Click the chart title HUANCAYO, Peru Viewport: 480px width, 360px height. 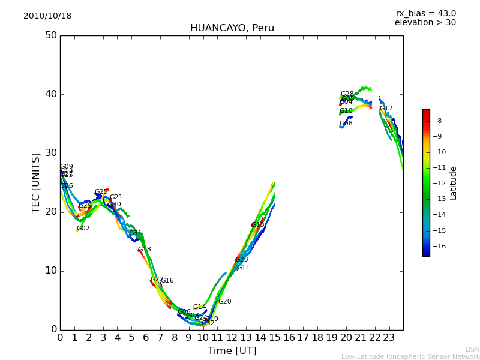coord(232,28)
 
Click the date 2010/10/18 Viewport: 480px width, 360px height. coord(47,16)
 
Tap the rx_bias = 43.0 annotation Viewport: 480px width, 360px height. coord(425,14)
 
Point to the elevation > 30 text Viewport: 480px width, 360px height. coord(425,23)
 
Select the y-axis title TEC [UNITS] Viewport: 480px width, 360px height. coord(37,182)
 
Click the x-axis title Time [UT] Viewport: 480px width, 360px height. coord(232,351)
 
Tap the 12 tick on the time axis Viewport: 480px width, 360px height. coord(232,337)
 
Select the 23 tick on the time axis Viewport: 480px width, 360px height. coord(389,337)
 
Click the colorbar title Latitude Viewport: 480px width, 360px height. coord(454,183)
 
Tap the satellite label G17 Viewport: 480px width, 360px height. coord(386,109)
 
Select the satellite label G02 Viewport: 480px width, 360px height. coord(83,229)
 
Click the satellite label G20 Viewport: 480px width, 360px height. coord(224,302)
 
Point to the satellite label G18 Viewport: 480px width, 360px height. coord(144,250)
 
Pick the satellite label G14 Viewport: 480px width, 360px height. coord(199,307)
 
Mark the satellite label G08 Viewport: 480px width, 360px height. coord(346,124)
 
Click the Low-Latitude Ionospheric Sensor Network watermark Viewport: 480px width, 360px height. coord(410,356)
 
